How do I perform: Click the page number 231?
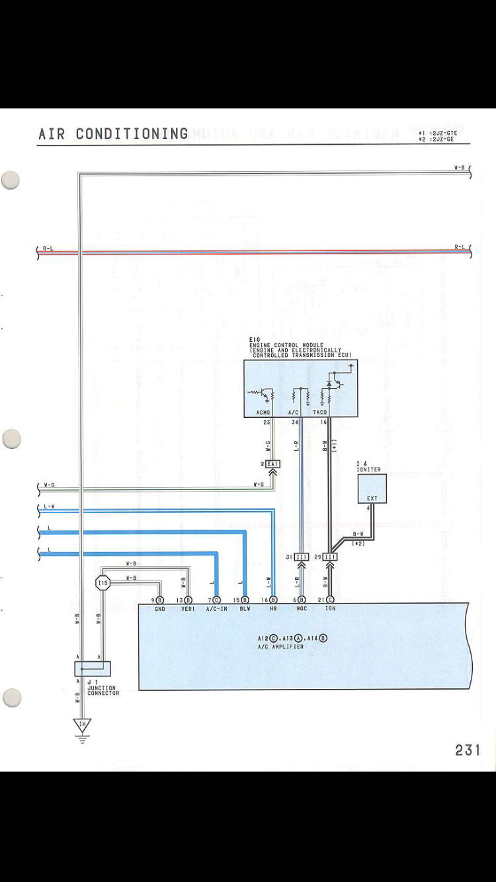pos(467,749)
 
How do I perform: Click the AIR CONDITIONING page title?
pos(113,134)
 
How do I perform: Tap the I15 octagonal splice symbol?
pos(102,582)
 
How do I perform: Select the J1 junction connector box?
pos(93,668)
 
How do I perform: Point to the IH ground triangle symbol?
pos(83,726)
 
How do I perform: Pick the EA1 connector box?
pos(272,464)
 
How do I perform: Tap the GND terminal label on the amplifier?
pos(160,608)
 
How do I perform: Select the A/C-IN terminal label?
pos(216,608)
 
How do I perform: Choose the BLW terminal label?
pos(245,608)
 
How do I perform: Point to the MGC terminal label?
pos(302,608)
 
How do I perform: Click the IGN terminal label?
pos(330,608)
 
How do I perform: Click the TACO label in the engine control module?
pos(320,412)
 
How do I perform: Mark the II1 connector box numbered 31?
pos(302,557)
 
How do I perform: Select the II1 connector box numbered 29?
pos(330,557)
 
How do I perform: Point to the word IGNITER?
pos(368,469)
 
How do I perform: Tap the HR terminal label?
pos(273,608)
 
